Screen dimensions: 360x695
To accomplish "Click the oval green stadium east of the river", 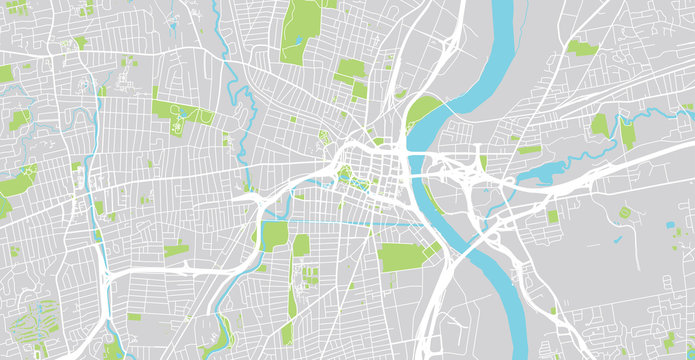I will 625,212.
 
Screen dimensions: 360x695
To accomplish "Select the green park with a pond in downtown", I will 350,177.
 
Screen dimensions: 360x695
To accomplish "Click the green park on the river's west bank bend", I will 424,108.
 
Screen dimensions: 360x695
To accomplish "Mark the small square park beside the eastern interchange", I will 553,216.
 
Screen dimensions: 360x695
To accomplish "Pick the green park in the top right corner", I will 581,47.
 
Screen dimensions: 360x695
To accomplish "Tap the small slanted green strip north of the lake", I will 529,149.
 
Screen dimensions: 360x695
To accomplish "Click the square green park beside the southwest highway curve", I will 273,236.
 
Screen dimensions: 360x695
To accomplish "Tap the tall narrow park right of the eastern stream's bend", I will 627,132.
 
